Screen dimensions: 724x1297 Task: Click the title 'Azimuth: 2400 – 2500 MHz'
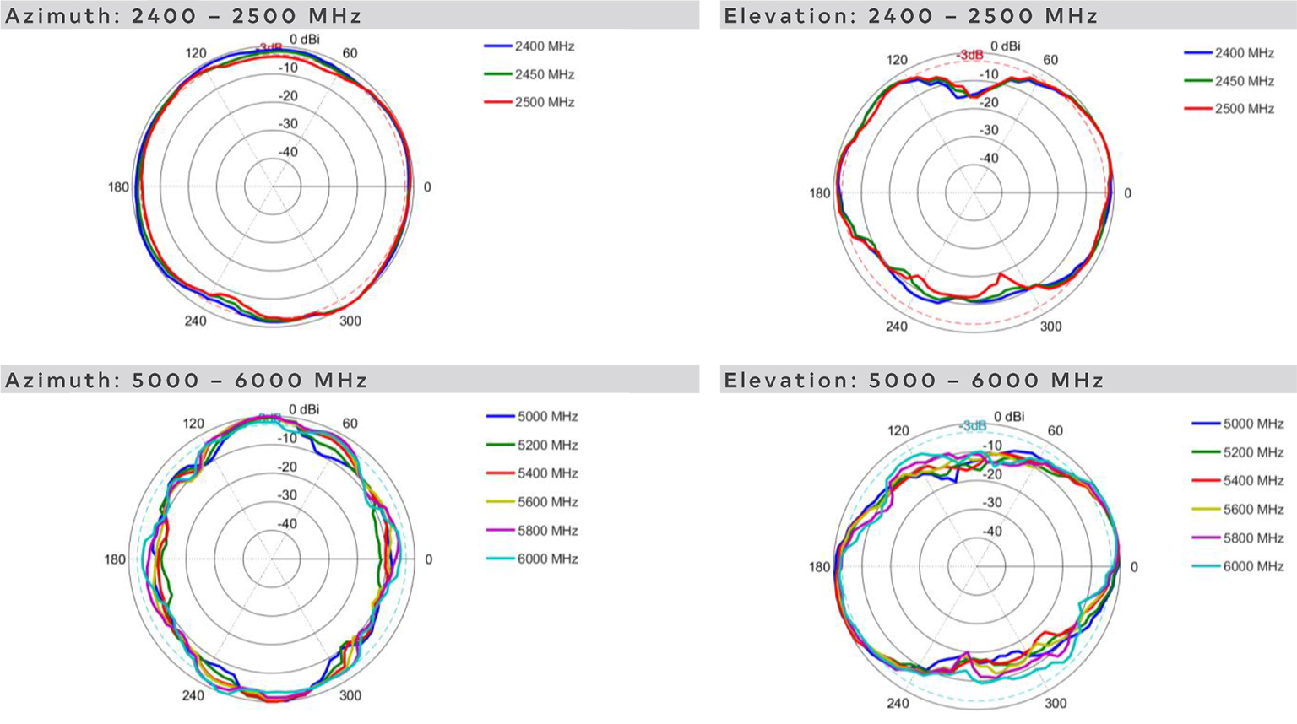click(x=183, y=16)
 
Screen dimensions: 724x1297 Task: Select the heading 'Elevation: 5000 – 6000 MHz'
click(x=914, y=381)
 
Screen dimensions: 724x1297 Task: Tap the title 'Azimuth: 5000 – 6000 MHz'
click(x=187, y=381)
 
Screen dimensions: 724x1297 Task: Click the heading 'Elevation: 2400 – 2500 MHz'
click(x=910, y=16)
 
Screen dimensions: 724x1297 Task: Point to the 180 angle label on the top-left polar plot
click(x=118, y=187)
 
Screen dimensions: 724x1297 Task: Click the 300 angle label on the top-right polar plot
click(x=1050, y=327)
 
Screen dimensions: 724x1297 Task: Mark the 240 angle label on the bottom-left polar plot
click(x=193, y=695)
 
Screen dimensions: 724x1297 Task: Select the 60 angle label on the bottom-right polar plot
click(x=1055, y=430)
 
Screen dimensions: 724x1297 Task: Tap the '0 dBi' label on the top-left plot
click(x=305, y=40)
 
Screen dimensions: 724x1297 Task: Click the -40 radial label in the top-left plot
click(x=288, y=152)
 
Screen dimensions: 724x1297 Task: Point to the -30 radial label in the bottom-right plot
click(x=992, y=503)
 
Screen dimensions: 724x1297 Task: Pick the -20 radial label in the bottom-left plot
click(x=288, y=467)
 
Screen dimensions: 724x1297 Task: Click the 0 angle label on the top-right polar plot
click(x=1127, y=193)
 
